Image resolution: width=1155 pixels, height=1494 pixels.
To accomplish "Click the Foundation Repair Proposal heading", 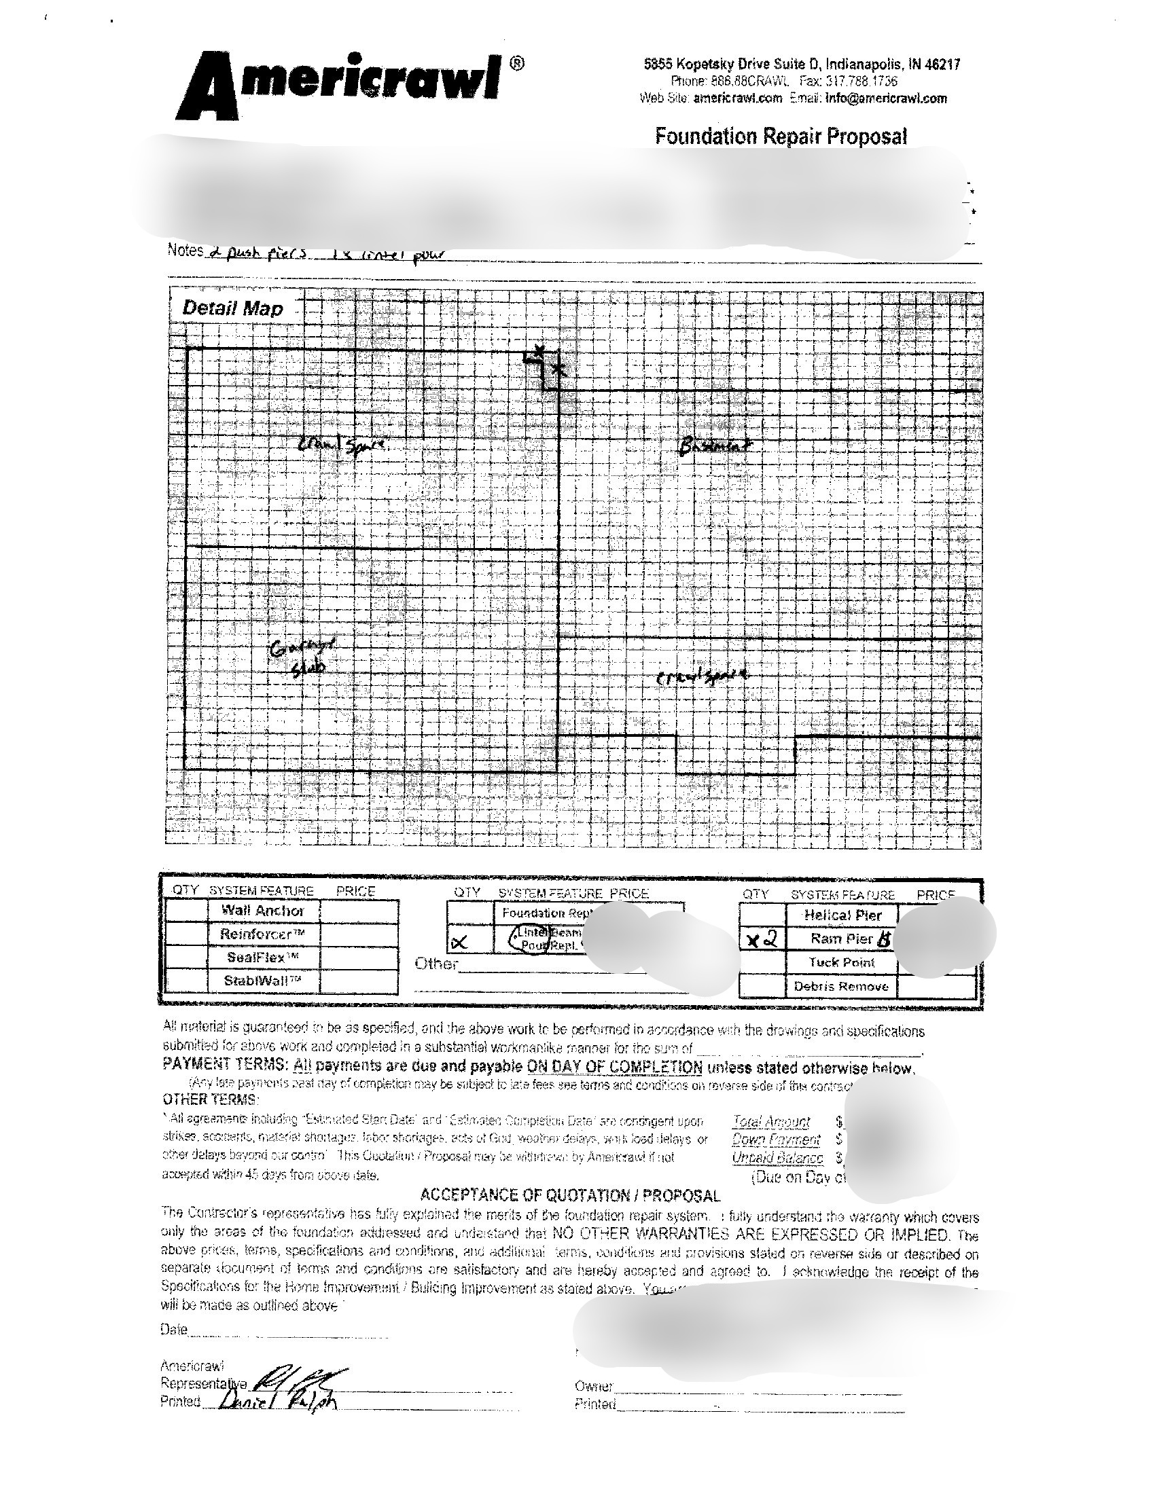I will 781,136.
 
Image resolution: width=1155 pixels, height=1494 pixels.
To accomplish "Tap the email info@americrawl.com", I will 886,98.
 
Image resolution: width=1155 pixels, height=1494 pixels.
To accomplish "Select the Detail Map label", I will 232,308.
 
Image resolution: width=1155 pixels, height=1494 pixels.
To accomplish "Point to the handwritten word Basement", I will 714,448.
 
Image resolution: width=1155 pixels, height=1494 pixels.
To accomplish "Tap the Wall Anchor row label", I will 263,911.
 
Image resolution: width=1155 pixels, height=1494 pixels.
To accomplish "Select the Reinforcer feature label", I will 263,934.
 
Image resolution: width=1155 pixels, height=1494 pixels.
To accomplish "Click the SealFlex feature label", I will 263,957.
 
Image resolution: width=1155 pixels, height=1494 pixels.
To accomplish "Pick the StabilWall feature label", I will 263,980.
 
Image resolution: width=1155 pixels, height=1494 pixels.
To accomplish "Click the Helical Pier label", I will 842,915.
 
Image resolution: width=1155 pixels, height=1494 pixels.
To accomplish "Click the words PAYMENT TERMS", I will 224,1064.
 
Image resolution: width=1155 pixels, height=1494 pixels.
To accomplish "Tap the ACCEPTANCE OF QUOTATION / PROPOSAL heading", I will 569,1195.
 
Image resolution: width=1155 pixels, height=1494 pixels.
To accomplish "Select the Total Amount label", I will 770,1121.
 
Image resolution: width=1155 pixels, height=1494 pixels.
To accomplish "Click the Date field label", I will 173,1329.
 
